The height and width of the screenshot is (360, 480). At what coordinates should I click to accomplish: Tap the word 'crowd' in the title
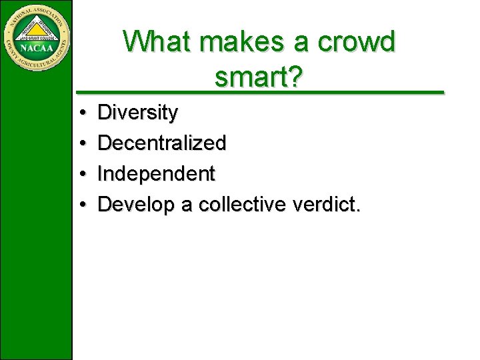click(357, 42)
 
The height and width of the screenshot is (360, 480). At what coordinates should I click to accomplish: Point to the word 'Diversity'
click(137, 113)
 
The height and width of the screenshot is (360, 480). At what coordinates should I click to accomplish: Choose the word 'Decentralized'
click(162, 143)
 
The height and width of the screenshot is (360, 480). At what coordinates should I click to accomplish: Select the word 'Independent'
click(156, 174)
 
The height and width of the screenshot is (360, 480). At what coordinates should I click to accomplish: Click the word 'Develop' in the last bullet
click(136, 205)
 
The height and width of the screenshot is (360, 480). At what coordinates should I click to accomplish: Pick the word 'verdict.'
click(327, 204)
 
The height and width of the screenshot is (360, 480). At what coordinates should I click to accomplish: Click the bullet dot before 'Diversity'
click(80, 113)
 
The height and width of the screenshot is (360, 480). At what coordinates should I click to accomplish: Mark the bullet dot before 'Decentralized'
click(80, 143)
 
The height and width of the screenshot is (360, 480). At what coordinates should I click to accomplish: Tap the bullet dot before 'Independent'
click(80, 174)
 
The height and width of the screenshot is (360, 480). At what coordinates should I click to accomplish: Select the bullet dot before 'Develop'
click(80, 205)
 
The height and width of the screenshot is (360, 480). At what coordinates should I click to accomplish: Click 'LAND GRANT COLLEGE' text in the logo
click(37, 39)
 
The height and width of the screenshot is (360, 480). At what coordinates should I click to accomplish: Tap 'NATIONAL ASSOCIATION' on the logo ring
click(37, 10)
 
